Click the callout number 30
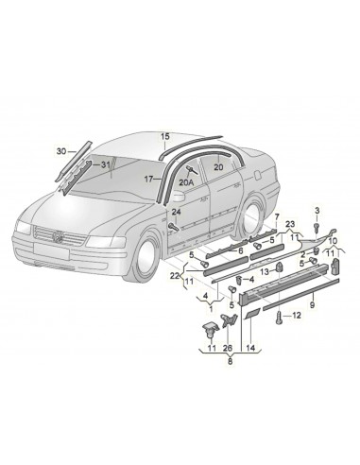(x=61, y=152)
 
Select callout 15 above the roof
(x=165, y=136)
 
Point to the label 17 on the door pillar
(x=148, y=179)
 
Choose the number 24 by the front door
(x=177, y=212)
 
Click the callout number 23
(x=291, y=225)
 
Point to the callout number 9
(x=312, y=307)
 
